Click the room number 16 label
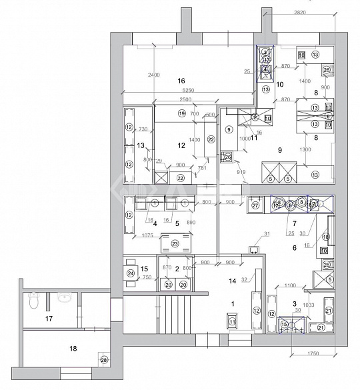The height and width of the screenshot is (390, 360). [x=180, y=81]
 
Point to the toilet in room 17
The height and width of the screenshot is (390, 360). [x=33, y=303]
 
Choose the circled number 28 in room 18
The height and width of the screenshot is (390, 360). [x=103, y=361]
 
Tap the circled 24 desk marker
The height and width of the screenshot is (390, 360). [x=131, y=273]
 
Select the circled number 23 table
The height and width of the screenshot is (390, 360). [x=175, y=244]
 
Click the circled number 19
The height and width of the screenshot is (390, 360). [x=181, y=114]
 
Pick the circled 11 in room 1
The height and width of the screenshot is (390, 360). [x=232, y=322]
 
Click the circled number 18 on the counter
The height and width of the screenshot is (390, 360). [x=326, y=236]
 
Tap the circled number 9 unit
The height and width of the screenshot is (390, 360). [x=229, y=129]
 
